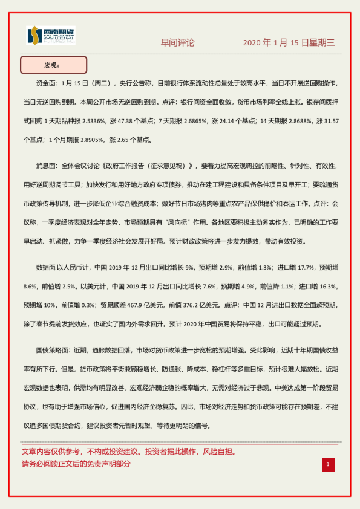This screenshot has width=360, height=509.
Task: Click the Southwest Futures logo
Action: coord(51,36)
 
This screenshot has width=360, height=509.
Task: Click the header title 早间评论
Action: coord(177,42)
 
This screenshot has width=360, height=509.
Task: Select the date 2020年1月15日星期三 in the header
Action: coord(289,42)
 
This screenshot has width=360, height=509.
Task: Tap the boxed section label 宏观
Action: coord(53,65)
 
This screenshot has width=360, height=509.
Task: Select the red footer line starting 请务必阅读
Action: coord(76,464)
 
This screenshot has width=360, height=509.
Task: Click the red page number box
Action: coord(327,464)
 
